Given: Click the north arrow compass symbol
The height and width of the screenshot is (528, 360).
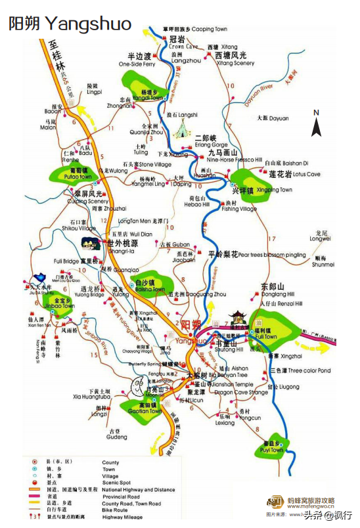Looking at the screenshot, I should click(x=316, y=125).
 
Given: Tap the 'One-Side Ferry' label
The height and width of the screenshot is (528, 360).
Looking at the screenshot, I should click(x=137, y=64).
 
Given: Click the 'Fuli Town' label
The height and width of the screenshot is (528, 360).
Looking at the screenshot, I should click(x=266, y=337).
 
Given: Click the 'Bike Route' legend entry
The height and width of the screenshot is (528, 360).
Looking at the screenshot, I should click(x=116, y=510).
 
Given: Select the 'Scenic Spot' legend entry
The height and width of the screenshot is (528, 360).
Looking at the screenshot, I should click(x=116, y=483).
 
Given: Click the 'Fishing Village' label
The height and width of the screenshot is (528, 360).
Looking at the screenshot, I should click(x=239, y=209).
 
